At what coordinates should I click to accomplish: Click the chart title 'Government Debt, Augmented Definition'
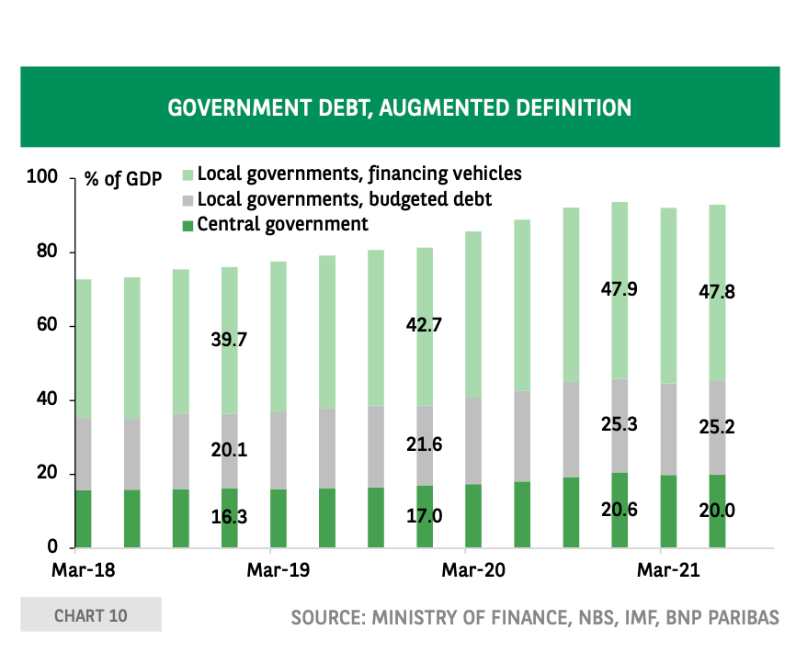click(x=399, y=107)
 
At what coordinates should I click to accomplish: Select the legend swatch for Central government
click(x=188, y=225)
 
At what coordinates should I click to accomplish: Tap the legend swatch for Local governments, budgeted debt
click(x=188, y=199)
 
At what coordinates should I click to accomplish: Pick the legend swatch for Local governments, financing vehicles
click(x=188, y=174)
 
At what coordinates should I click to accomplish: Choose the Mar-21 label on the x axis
click(x=669, y=571)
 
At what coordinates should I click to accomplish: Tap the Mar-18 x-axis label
click(x=83, y=571)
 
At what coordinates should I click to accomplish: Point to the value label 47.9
click(x=620, y=289)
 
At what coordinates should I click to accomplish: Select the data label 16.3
click(x=229, y=517)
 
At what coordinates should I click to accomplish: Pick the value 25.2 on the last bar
click(x=718, y=427)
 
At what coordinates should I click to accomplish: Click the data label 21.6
click(x=425, y=444)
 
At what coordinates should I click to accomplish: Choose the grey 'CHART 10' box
click(x=91, y=615)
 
